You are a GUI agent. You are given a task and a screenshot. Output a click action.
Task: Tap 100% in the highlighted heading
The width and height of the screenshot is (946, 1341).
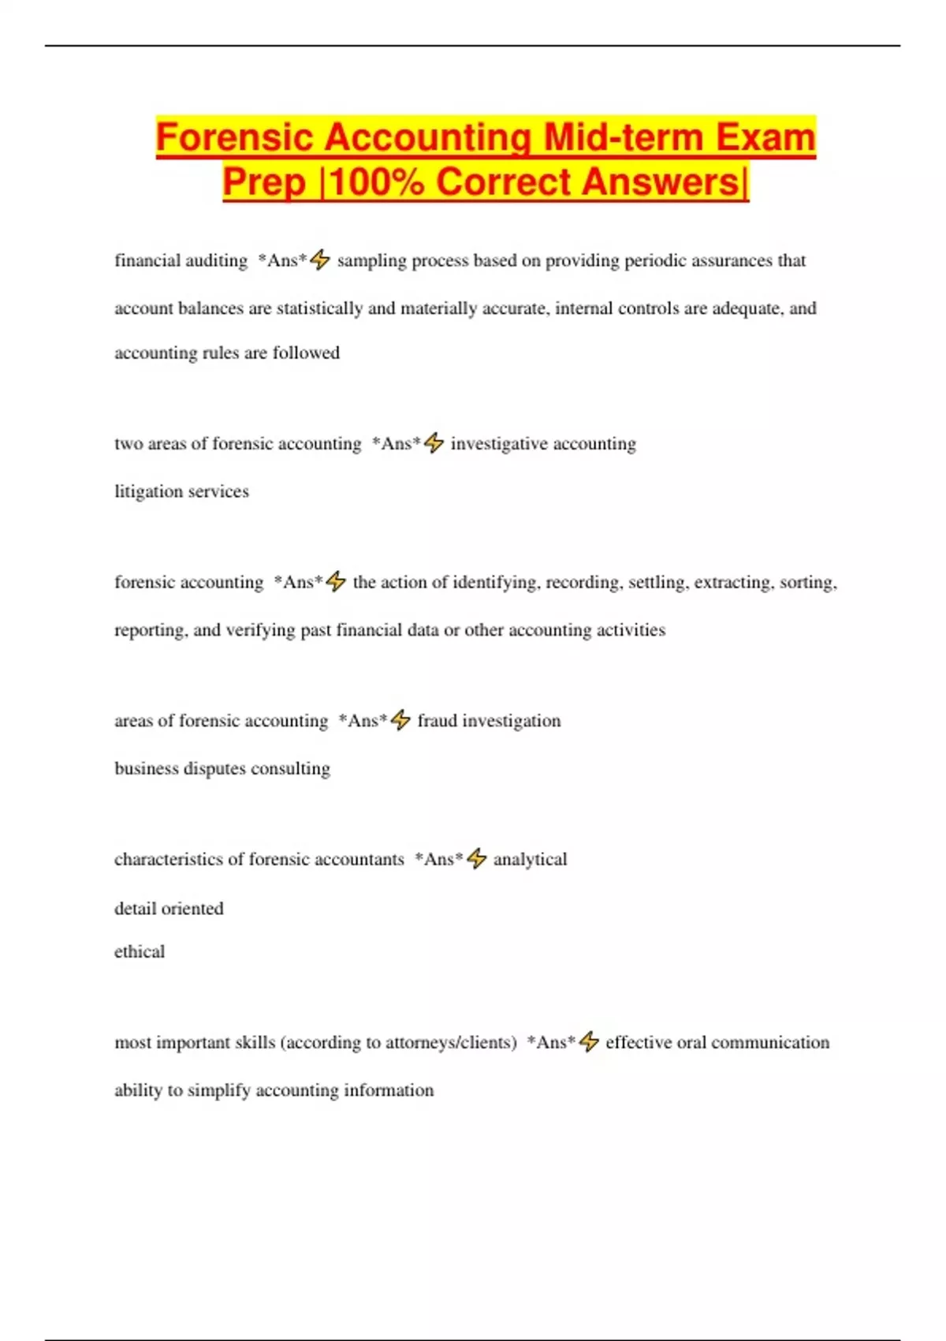(x=377, y=182)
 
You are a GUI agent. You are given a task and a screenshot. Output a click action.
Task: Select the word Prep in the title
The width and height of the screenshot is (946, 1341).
(x=263, y=182)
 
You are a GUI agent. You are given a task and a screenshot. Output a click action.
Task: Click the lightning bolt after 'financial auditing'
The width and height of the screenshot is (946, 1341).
(x=320, y=260)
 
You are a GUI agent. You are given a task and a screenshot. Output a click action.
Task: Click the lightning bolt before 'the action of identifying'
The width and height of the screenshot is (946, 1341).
(x=336, y=581)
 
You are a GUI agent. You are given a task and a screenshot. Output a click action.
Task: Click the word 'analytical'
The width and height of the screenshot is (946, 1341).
(x=530, y=859)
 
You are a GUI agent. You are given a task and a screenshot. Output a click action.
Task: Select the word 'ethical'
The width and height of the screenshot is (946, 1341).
(x=140, y=951)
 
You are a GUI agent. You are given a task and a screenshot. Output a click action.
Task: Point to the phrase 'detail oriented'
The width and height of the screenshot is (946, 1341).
(x=169, y=909)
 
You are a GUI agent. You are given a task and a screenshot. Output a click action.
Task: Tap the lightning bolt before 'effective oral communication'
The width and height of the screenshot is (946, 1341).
(x=589, y=1042)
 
